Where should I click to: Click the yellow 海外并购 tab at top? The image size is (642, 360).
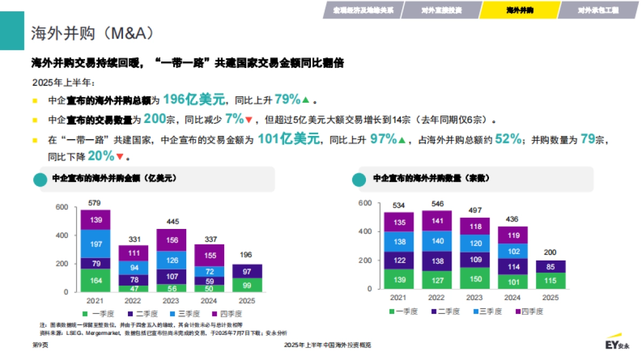click(x=519, y=10)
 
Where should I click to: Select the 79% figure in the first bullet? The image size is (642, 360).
click(x=288, y=99)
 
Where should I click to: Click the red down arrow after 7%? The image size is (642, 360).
click(x=248, y=119)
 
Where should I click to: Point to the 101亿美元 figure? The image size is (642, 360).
click(x=289, y=139)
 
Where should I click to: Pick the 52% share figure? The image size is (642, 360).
click(x=508, y=139)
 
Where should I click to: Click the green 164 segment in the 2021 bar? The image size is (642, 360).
click(x=96, y=280)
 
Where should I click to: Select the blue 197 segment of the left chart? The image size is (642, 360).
click(x=96, y=244)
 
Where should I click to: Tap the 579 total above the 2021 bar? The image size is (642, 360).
click(x=95, y=203)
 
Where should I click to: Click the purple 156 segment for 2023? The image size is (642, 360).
click(x=172, y=240)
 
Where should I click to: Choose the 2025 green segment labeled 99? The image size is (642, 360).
click(x=247, y=285)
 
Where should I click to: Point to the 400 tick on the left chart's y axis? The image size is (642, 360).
click(x=62, y=235)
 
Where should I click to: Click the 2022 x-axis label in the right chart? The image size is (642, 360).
click(x=437, y=297)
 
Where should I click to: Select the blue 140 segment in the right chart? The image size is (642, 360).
click(x=437, y=241)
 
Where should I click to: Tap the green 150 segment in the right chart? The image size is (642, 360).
click(x=475, y=278)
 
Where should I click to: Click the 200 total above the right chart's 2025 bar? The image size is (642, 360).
click(x=551, y=252)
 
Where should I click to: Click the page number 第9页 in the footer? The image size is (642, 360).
click(x=41, y=345)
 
